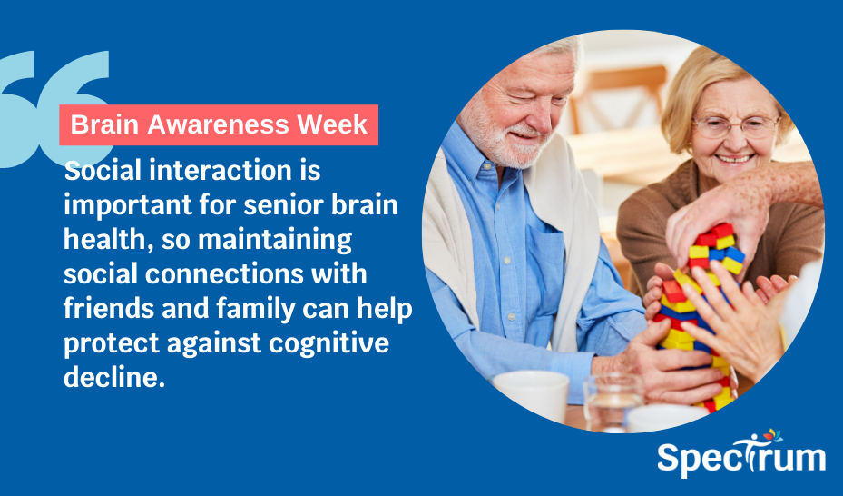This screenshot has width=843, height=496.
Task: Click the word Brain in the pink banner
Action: [x=102, y=124]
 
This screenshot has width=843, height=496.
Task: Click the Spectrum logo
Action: [x=741, y=453]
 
